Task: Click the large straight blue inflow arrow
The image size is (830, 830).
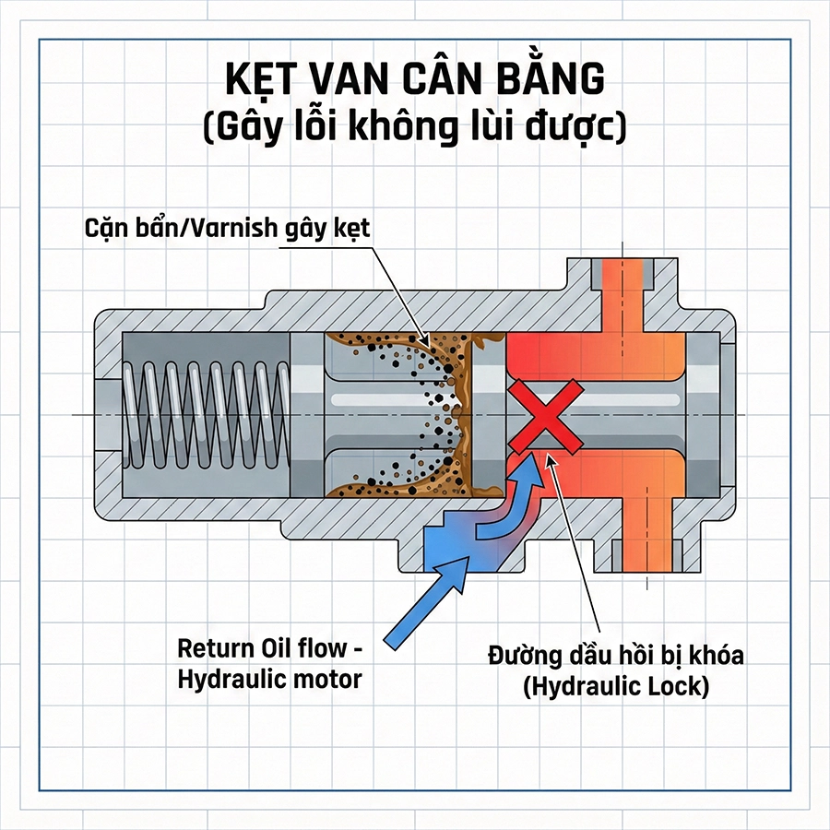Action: click(x=426, y=605)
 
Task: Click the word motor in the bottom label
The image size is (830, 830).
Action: click(x=330, y=680)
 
